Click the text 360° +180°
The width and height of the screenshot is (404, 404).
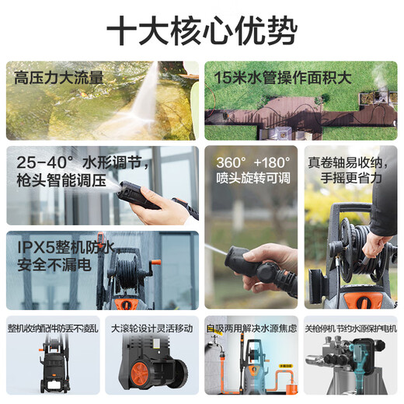(250, 165)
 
